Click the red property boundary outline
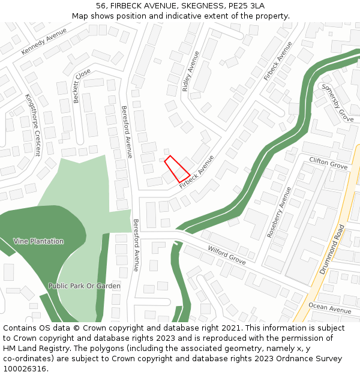coord(177,169)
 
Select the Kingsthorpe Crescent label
coord(32,124)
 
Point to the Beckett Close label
coord(82,85)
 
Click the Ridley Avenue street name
coord(190,71)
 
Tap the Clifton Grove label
coord(328,163)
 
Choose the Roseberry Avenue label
coord(278,212)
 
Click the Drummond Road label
coord(332,249)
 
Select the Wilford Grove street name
coord(227,255)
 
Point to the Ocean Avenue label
coord(329,308)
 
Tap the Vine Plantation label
coord(38,241)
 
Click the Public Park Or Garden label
coord(85,286)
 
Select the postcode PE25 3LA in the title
coord(247,5)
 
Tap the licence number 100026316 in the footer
coord(24,369)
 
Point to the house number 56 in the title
coord(101,5)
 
